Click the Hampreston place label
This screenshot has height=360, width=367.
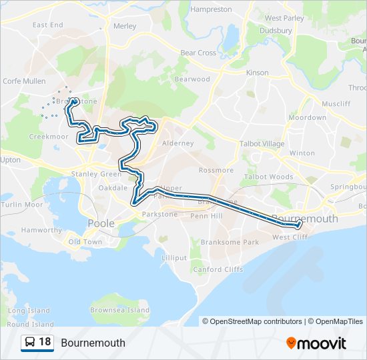(x=211, y=9)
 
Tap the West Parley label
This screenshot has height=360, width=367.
(x=284, y=18)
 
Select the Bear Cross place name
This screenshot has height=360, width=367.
(x=198, y=53)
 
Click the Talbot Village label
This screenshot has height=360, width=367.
(x=262, y=143)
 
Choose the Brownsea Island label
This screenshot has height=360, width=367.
(x=120, y=310)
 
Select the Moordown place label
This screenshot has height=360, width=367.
(x=307, y=117)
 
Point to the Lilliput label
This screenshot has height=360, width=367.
(x=174, y=257)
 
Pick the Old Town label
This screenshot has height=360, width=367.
(x=85, y=242)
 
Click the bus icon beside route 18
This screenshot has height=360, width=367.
(x=29, y=343)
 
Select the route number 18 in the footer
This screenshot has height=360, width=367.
(x=45, y=342)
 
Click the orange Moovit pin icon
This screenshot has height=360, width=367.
(x=291, y=343)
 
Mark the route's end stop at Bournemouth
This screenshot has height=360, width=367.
(x=300, y=223)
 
